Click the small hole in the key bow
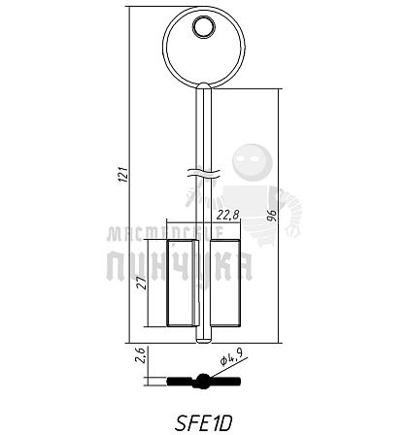pos(204,27)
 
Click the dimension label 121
pos(123,175)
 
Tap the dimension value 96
pos(272,216)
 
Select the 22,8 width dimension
pos(228,215)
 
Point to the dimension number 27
pos(143,283)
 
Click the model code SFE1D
pos(204,422)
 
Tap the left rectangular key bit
pos(182,283)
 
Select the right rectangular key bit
pos(225,283)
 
